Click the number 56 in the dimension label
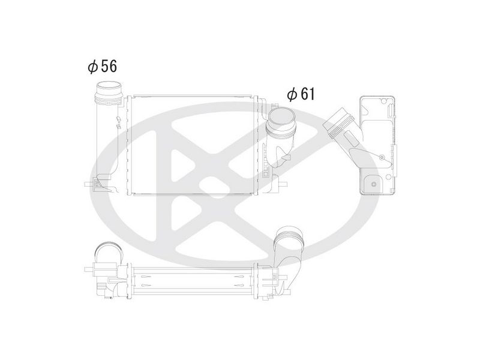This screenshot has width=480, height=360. pos(109,66)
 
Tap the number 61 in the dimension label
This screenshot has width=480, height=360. pos(307,94)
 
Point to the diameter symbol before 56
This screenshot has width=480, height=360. pos(93,67)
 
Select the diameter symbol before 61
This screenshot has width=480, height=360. pos(292,94)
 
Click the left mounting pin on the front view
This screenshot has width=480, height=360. pos(88,184)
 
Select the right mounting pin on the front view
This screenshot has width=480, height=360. pos(283,184)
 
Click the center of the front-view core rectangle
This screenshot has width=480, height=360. pos(193,145)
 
